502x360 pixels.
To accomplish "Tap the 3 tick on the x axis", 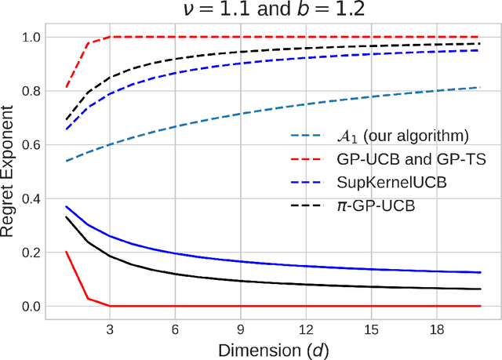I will coord(111,328).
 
